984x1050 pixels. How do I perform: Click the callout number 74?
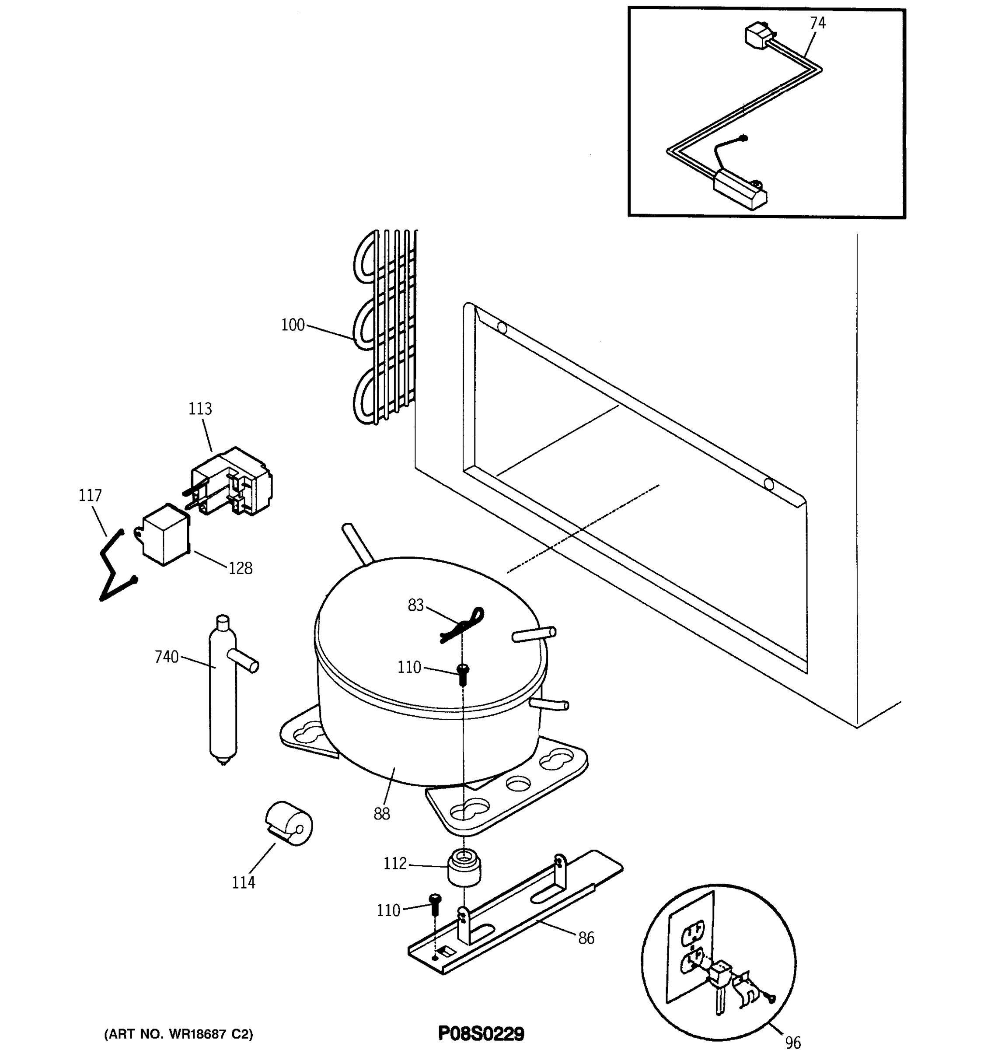point(817,23)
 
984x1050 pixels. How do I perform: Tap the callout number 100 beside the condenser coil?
point(293,325)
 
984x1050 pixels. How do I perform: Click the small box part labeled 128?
point(165,535)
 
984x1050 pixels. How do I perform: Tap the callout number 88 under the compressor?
point(382,814)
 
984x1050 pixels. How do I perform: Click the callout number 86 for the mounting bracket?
point(586,938)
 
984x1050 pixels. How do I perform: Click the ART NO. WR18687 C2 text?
point(179,1034)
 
